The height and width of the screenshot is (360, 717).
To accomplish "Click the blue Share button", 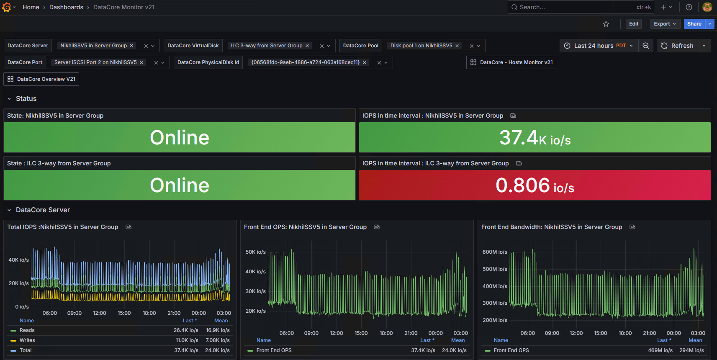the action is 694,24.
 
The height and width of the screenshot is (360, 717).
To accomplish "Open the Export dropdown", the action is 665,24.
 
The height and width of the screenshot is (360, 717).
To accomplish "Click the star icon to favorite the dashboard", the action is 606,24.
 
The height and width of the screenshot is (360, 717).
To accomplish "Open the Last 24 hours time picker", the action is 599,46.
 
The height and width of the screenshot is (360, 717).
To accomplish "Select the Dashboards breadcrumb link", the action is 66,7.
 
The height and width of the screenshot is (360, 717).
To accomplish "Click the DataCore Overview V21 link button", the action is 41,79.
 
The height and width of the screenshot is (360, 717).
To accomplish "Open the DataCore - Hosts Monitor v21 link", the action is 511,62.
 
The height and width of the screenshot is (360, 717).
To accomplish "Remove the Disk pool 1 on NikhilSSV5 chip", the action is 457,46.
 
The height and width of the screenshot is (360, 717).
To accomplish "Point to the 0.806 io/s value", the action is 535,185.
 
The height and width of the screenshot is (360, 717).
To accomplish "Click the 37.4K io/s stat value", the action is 535,138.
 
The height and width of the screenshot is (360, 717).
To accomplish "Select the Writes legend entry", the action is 27,340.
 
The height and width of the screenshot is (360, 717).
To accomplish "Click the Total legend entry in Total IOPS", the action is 26,350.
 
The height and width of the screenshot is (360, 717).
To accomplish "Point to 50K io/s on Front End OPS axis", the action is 255,252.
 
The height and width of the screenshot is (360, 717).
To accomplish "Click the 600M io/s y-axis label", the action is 495,252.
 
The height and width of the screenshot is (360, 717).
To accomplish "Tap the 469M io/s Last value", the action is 660,350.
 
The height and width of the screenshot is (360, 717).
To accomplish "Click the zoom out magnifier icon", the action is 645,46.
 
